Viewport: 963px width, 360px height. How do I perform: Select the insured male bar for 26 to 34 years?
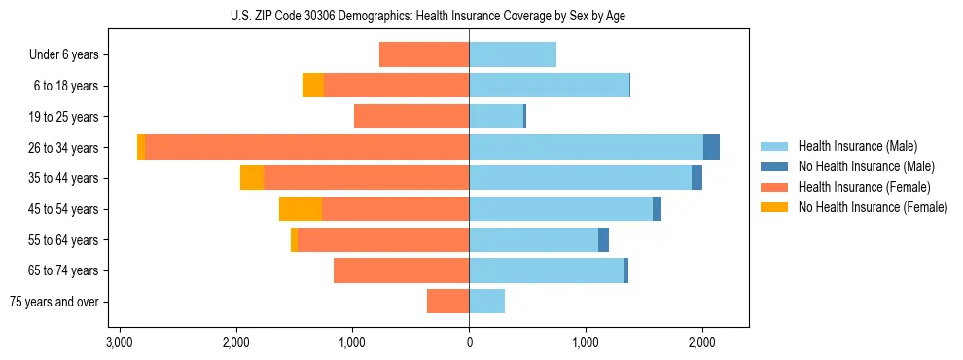pos(586,147)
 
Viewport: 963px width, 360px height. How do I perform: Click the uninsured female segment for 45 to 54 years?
pos(301,209)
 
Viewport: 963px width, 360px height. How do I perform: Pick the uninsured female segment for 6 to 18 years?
pos(313,86)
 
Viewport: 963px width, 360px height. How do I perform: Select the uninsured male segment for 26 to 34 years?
pos(711,147)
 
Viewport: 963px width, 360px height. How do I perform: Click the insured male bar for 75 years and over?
pos(486,302)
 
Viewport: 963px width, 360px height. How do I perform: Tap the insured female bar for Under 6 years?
pos(424,54)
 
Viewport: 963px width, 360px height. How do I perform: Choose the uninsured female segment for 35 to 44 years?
pos(252,178)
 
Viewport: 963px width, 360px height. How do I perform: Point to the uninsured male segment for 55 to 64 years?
pos(603,239)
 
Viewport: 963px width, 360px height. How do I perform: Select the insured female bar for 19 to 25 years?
pos(411,117)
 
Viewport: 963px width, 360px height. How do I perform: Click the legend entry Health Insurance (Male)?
pos(857,146)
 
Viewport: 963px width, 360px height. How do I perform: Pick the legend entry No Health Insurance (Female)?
pos(873,207)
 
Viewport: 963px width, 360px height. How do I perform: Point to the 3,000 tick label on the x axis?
pos(120,342)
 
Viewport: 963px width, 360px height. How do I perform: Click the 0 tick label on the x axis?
pos(469,342)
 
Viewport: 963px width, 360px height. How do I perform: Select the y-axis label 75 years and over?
pos(54,302)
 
